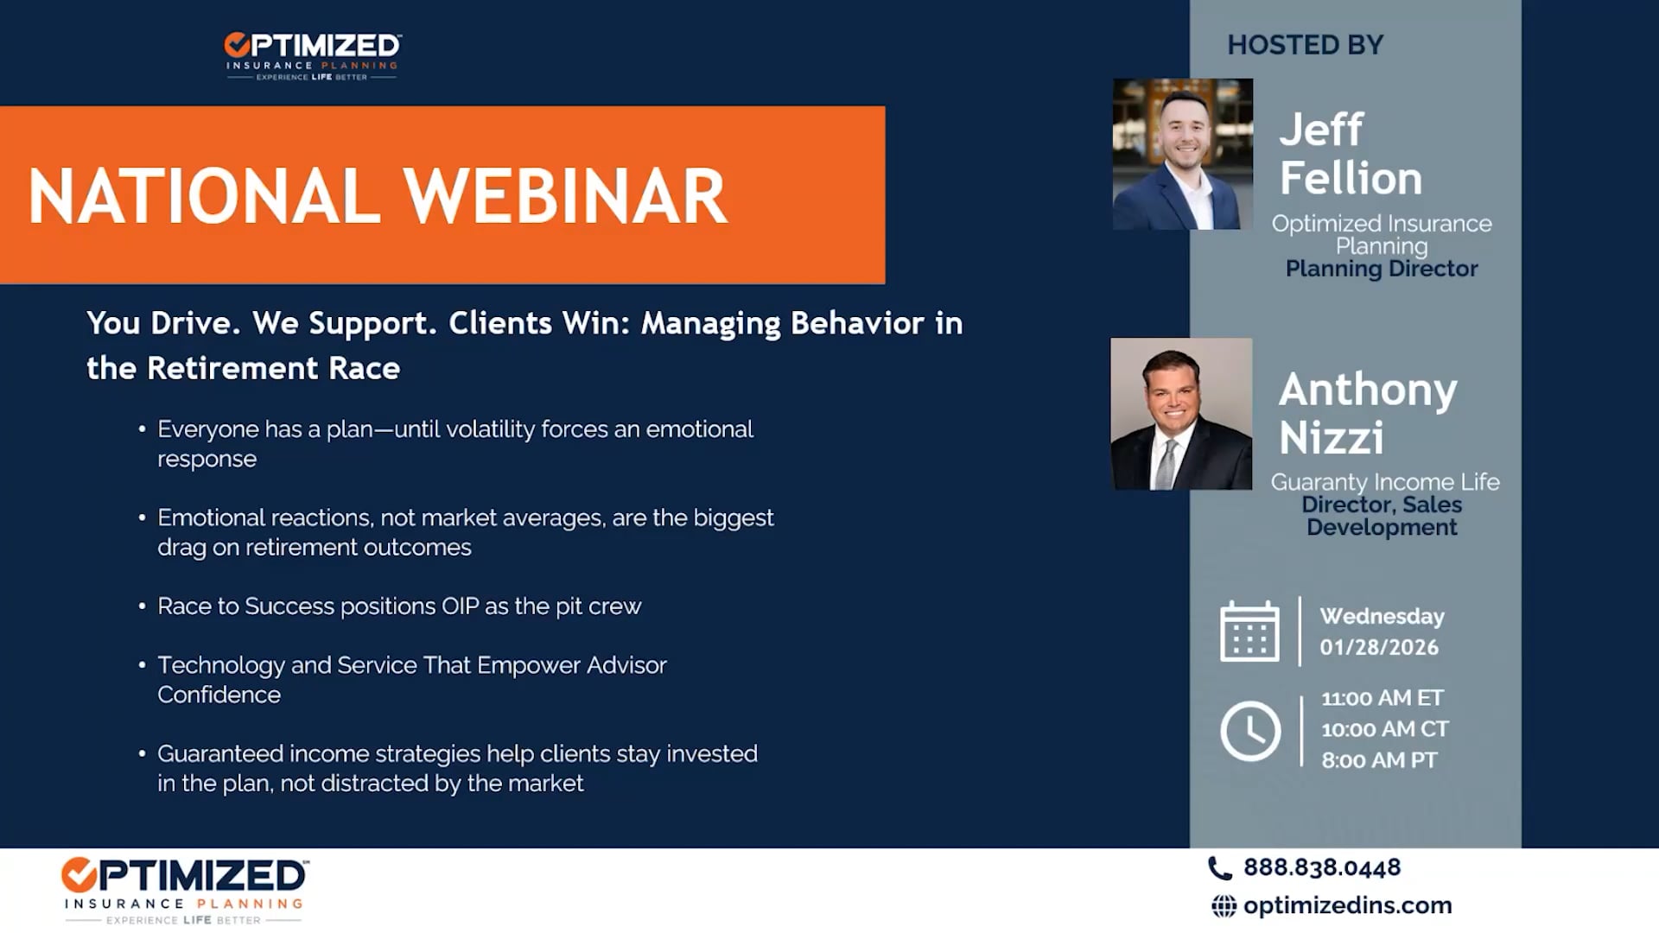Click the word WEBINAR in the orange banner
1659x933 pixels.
[x=566, y=196]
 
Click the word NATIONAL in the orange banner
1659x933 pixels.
[x=204, y=196]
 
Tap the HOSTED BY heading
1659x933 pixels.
[x=1306, y=45]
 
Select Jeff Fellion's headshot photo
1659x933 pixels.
[x=1183, y=154]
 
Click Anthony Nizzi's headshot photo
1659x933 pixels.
[x=1181, y=414]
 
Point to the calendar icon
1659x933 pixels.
[x=1249, y=632]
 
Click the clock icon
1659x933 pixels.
[x=1250, y=731]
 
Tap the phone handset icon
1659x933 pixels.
[x=1220, y=868]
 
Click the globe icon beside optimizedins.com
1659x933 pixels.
[x=1224, y=906]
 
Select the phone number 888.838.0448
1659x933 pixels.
[x=1322, y=867]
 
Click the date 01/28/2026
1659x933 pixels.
[x=1379, y=647]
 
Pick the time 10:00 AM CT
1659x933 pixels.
[x=1385, y=729]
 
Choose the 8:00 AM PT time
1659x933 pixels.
[x=1379, y=760]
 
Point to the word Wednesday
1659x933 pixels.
[x=1382, y=616]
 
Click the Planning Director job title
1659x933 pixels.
[x=1382, y=269]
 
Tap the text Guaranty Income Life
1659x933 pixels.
[x=1385, y=482]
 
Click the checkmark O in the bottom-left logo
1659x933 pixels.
[x=79, y=875]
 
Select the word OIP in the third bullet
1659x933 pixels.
[x=460, y=606]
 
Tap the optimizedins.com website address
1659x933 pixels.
[x=1348, y=905]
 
